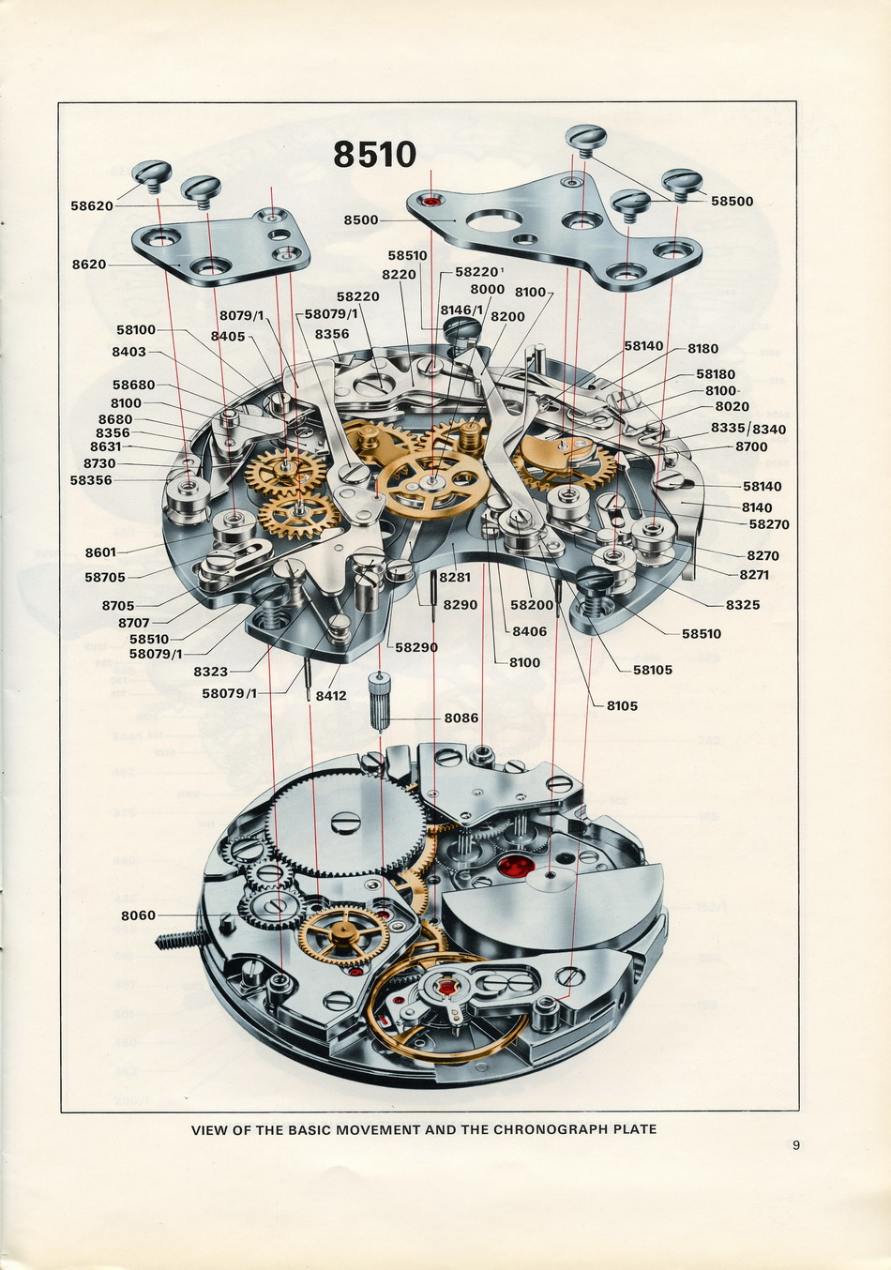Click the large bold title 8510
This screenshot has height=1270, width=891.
[x=374, y=155]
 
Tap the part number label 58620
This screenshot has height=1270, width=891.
[x=92, y=205]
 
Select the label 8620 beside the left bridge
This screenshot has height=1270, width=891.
[x=89, y=265]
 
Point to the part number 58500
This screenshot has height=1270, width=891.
[x=732, y=201]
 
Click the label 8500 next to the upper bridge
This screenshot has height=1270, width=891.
[x=360, y=219]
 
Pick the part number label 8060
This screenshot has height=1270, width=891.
[x=138, y=915]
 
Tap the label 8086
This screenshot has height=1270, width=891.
[x=461, y=718]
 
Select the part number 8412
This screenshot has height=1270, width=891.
[x=331, y=696]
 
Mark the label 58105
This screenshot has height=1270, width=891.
[x=653, y=670]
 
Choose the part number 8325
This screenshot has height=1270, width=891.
[x=743, y=604]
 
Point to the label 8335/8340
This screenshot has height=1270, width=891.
[x=748, y=429]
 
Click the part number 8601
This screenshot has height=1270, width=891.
[x=100, y=552]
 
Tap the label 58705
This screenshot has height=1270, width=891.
[x=104, y=578]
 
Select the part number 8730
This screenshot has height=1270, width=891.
[x=99, y=463]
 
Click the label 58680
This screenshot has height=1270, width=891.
[x=133, y=385]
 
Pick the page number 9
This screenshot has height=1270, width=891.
[x=796, y=1144]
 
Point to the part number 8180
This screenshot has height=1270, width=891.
[x=702, y=348]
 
